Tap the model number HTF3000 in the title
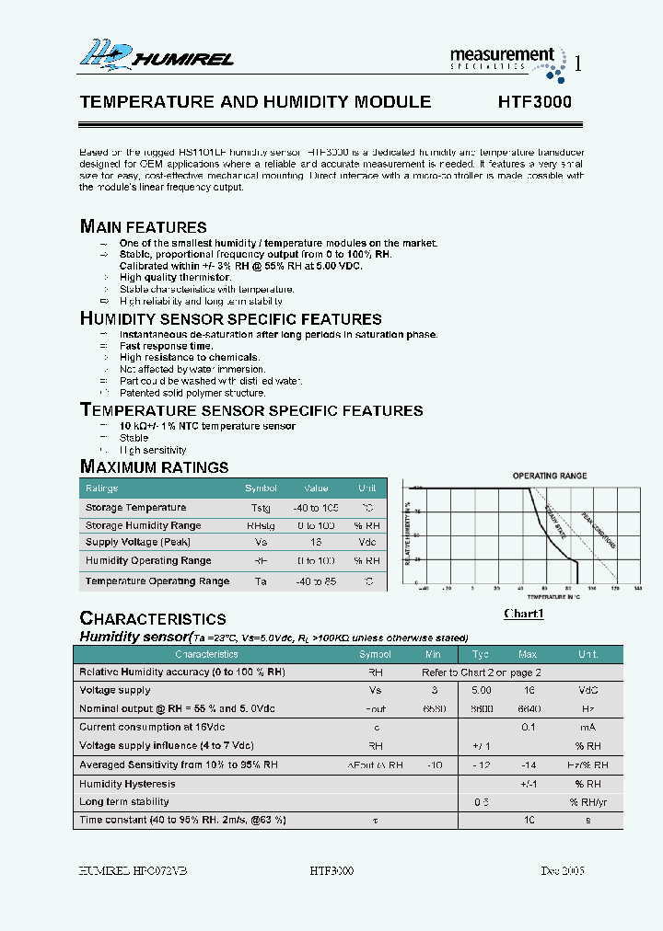(x=534, y=102)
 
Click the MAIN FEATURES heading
(x=144, y=226)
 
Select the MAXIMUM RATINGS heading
(x=154, y=466)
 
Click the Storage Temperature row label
(x=135, y=508)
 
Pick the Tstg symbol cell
(x=261, y=508)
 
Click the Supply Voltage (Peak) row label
(x=137, y=542)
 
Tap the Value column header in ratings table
(x=316, y=488)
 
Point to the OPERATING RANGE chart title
(x=549, y=476)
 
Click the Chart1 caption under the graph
(x=524, y=614)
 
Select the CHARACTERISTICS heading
(x=153, y=618)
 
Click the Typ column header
(x=481, y=654)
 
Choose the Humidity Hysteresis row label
(x=127, y=784)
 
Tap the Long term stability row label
(x=124, y=801)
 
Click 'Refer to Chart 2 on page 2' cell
(x=482, y=672)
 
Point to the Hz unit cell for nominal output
(x=587, y=708)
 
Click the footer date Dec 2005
(x=562, y=870)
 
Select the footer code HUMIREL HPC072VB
(x=134, y=870)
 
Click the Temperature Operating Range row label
(x=157, y=581)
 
